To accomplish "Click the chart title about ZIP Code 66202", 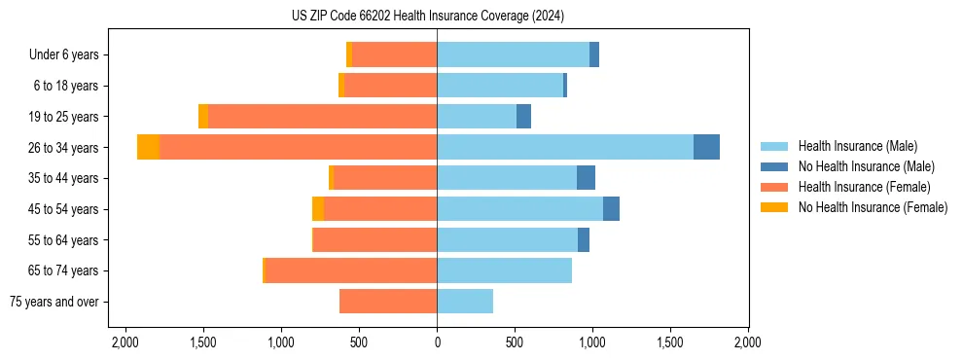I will point(427,17).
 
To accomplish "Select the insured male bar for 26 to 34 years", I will point(564,147).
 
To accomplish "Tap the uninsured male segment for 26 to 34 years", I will point(706,147).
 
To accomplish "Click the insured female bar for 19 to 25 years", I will point(322,117).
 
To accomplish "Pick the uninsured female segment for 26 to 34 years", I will point(148,147).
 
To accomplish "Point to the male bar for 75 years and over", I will point(465,302).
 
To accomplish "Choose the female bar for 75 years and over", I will point(388,302).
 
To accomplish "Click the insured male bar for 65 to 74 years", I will point(504,270).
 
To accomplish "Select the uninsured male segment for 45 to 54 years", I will point(611,209).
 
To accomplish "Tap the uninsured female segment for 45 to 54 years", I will point(318,209).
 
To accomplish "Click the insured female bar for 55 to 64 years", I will point(374,240).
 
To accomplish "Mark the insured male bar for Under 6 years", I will point(513,54).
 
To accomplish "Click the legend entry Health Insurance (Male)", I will point(857,146).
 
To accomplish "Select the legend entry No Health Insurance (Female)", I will point(873,207).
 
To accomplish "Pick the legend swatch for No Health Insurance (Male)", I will point(774,166).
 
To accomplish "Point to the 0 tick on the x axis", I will point(437,342).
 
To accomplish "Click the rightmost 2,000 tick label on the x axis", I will point(747,342).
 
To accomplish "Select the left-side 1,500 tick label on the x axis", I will point(202,342).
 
